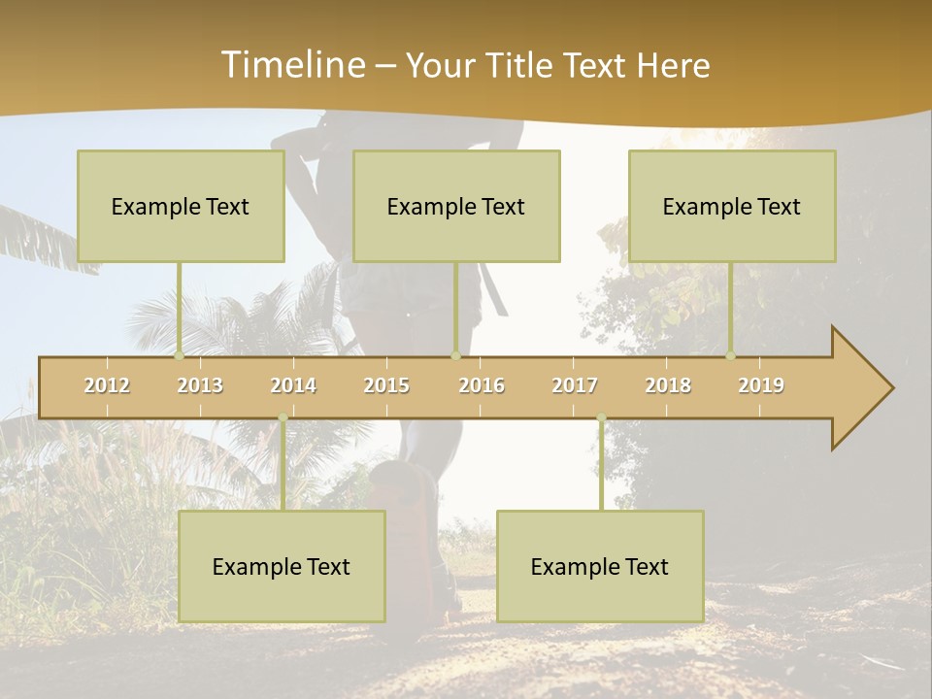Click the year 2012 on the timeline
point(107,385)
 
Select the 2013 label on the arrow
point(200,385)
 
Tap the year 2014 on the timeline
point(293,385)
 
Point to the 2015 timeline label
point(386,385)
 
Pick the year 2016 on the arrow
point(482,385)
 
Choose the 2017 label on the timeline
point(575,385)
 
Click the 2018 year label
point(668,385)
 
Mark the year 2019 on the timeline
point(761,385)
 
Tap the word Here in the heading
point(673,66)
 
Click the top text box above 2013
point(181,206)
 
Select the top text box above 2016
point(456,206)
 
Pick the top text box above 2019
point(732,206)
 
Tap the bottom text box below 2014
point(282,566)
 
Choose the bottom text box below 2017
point(600,566)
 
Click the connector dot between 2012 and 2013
point(179,356)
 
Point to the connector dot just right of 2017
point(601,418)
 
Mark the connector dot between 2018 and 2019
point(730,356)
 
